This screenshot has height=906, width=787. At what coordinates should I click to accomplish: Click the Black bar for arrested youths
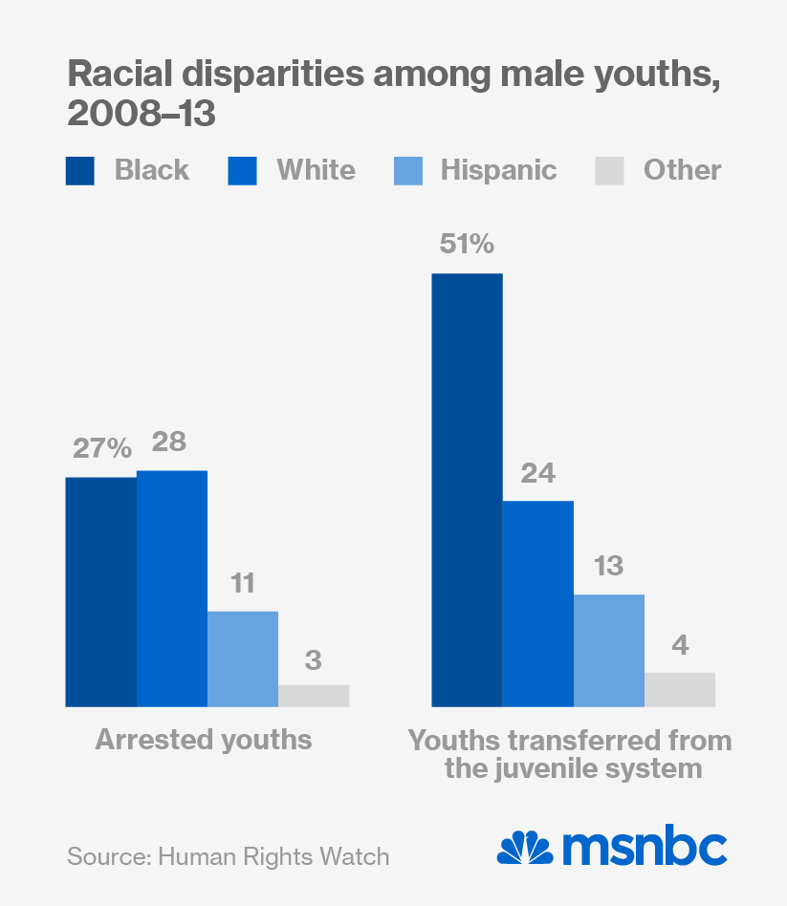100,592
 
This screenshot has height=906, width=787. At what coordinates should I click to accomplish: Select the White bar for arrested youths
172,588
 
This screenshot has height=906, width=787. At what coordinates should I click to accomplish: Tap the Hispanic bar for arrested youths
243,658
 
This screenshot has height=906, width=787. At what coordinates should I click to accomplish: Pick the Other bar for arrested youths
314,696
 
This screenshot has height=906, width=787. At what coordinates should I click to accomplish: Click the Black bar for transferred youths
467,490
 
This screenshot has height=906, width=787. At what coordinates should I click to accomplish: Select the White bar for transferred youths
537,603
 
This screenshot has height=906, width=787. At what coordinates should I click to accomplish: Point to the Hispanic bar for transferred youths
608,650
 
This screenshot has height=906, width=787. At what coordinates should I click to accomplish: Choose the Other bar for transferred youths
680,689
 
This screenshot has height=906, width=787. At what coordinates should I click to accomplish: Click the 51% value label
467,245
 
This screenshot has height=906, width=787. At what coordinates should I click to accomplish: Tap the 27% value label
99,448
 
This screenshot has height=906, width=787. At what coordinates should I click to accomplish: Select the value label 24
537,473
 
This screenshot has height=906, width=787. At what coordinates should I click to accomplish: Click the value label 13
607,566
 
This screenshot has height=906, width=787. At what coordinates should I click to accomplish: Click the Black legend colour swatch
80,171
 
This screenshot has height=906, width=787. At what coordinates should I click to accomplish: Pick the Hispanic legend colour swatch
408,171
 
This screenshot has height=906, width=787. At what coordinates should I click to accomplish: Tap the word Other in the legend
682,170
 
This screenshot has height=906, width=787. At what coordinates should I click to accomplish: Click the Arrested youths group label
204,739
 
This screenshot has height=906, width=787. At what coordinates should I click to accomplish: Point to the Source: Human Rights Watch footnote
229,855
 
